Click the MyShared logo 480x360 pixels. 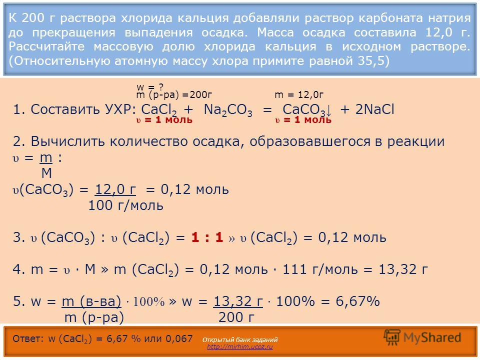coord(422,337)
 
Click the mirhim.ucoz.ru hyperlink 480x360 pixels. coord(239,347)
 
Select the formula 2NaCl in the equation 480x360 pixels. coord(374,109)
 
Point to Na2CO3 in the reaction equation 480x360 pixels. coord(228,110)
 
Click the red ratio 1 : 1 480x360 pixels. coord(207,237)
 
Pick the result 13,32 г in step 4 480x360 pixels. coord(403,269)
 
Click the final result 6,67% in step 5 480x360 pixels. coord(357,301)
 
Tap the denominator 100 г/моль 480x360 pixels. coord(125,205)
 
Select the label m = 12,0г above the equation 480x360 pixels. coord(299,95)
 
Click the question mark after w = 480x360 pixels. coord(161,87)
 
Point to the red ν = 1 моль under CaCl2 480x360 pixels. coord(164,119)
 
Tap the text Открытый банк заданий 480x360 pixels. coord(240,339)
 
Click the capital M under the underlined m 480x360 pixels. coord(46,173)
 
